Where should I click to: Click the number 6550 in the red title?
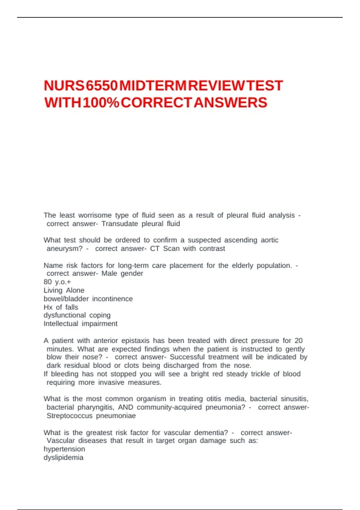pos(101,86)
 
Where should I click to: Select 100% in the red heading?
pos(101,103)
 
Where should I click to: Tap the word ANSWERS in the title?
pos(230,103)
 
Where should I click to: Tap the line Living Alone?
pos(64,290)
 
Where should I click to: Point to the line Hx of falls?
pos(61,307)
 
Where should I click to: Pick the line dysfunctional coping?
pos(77,315)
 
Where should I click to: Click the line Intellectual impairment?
pos(80,324)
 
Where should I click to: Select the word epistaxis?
pos(135,341)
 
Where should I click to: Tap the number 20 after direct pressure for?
pos(298,341)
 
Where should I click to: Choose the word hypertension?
pos(64,449)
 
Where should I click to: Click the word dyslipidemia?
pos(63,457)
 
